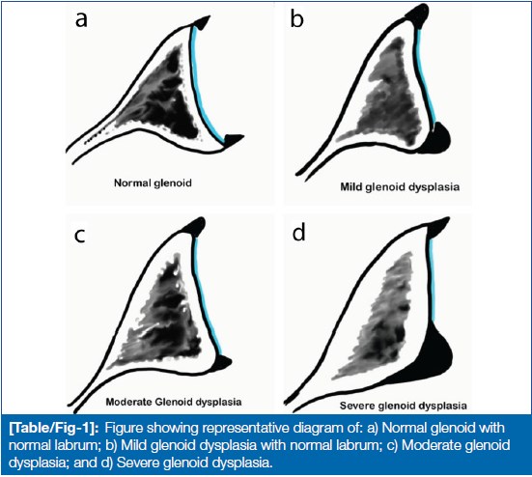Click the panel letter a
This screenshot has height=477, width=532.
[x=81, y=19]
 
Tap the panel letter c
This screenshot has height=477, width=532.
[x=80, y=236]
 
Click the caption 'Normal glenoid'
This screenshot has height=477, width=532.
[x=153, y=183]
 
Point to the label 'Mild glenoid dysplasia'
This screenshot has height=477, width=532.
[x=400, y=187]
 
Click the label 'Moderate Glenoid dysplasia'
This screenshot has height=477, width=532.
[x=174, y=402]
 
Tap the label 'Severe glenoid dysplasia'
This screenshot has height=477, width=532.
[x=403, y=406]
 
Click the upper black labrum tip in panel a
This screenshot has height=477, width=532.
[x=201, y=23]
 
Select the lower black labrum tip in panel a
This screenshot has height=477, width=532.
[x=233, y=139]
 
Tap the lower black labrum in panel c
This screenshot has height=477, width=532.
[x=222, y=362]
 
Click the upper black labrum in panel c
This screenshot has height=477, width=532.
[x=194, y=226]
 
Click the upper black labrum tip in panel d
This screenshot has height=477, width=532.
[x=436, y=228]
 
